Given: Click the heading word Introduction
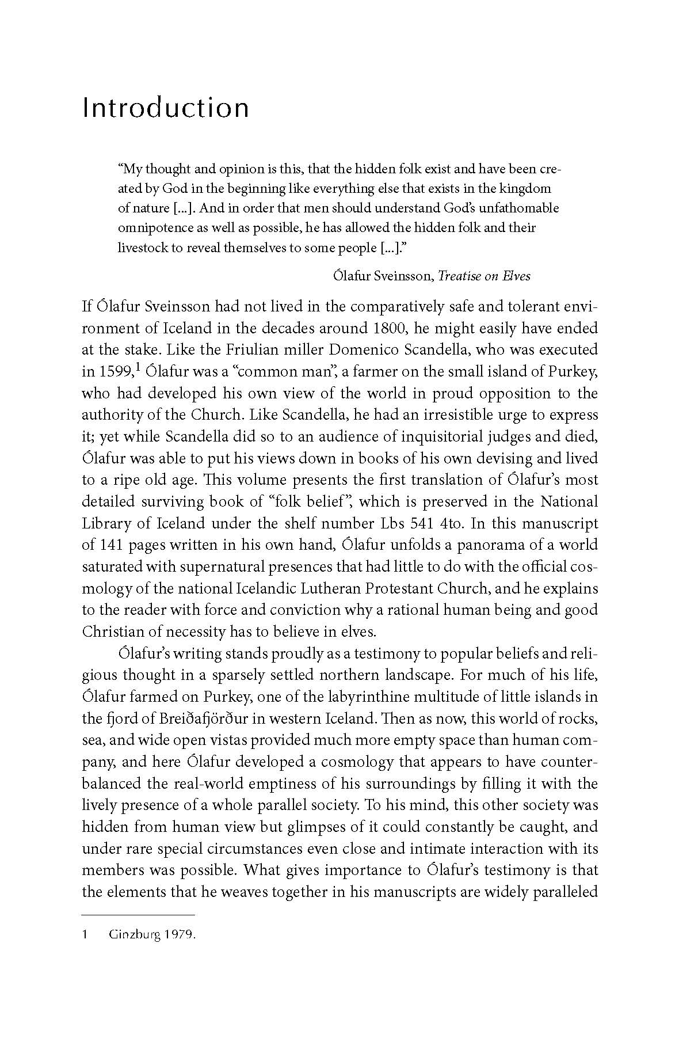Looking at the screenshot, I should click(166, 108).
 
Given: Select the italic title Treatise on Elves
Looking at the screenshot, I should click(484, 276).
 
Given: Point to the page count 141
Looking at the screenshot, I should click(112, 545).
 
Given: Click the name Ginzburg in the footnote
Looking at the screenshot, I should click(133, 935).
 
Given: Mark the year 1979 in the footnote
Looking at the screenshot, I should click(179, 935).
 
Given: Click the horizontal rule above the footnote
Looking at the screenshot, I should click(138, 914).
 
